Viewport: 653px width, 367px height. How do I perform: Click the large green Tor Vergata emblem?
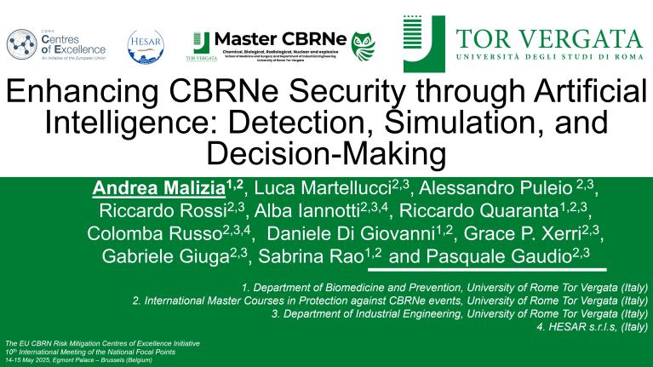tap(424, 43)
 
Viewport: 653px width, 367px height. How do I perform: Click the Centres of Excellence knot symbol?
tap(21, 43)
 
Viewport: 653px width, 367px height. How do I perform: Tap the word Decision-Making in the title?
tap(326, 154)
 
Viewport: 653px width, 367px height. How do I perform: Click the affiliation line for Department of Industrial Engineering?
tap(460, 313)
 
